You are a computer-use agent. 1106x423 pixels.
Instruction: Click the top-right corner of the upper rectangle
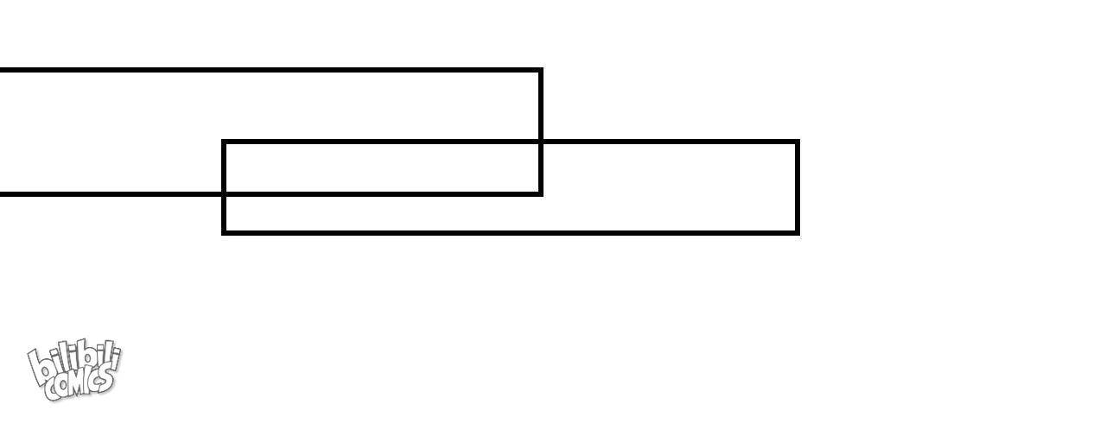pos(541,70)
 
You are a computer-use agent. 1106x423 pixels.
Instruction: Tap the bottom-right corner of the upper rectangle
pos(541,193)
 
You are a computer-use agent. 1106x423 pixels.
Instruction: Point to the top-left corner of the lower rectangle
pos(224,142)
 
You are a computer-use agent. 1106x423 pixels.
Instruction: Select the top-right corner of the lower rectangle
pos(797,142)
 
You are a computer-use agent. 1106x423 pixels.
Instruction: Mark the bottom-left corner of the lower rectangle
pos(224,233)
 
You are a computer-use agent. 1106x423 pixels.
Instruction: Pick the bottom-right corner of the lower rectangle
pos(797,233)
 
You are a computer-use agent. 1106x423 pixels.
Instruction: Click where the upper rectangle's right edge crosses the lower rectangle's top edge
pos(541,142)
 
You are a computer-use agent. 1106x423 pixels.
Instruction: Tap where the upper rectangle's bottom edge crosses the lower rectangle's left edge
pos(224,193)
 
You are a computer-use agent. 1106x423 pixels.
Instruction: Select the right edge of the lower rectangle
pos(797,187)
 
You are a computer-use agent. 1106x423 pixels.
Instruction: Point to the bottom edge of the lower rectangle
pos(511,233)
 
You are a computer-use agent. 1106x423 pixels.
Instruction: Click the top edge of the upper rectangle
pos(270,70)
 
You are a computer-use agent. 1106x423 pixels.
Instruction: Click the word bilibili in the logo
pos(74,360)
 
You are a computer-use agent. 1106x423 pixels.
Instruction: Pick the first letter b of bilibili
pos(40,367)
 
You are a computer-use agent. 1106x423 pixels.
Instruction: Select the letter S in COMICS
pos(105,379)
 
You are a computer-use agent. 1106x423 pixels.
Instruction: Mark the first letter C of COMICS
pos(51,391)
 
